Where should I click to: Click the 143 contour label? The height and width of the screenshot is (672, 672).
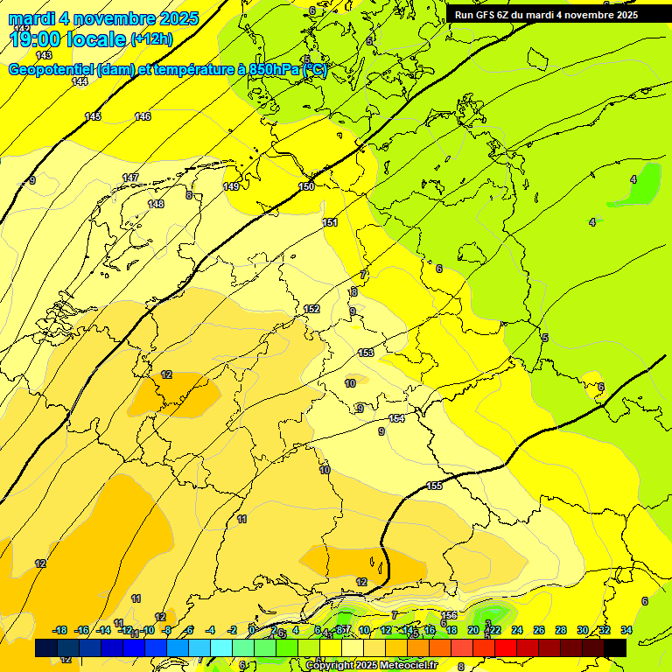[x=44, y=55]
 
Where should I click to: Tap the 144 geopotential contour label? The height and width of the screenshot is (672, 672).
[x=80, y=81]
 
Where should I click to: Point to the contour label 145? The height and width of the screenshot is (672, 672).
[x=93, y=116]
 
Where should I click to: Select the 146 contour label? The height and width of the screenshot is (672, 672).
[x=143, y=116]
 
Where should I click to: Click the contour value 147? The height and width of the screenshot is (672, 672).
[x=130, y=178]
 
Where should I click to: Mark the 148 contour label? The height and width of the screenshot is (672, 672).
[x=156, y=204]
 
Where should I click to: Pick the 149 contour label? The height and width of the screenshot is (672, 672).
[x=231, y=186]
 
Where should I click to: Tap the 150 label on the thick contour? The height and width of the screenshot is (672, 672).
[x=306, y=186]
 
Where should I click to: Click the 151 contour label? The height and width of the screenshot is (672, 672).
[x=330, y=222]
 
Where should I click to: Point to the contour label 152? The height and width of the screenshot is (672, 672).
[x=311, y=309]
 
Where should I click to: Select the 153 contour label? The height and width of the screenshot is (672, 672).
[x=366, y=353]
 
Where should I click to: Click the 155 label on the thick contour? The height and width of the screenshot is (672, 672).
[x=434, y=486]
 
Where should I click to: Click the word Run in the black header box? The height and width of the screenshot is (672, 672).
[x=465, y=15]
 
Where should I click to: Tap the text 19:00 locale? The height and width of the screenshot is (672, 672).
[x=67, y=38]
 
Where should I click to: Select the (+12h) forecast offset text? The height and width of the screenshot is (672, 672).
[x=152, y=39]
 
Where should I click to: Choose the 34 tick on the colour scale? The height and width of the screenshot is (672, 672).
[x=626, y=630]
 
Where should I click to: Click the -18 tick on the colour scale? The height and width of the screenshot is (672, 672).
[x=59, y=630]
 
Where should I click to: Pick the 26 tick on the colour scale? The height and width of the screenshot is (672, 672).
[x=539, y=630]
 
